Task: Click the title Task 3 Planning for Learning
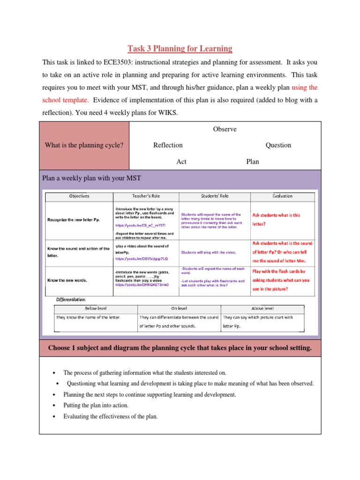point(180,48)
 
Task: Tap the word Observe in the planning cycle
point(225,129)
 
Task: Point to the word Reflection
point(168,145)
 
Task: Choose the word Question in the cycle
point(278,145)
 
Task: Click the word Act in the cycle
point(181,162)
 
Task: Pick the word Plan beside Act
point(253,162)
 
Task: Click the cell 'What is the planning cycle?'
point(84,145)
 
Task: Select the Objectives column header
point(79,196)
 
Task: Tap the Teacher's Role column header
point(145,196)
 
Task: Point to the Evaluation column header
point(283,196)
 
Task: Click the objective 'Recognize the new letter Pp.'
point(74,219)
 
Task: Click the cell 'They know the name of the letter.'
point(88,317)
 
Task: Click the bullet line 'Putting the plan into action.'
point(96,405)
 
